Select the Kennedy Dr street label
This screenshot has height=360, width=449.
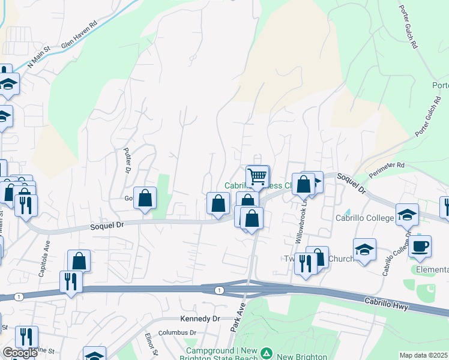pyautogui.click(x=200, y=319)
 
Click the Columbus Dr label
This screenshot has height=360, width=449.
pyautogui.click(x=177, y=332)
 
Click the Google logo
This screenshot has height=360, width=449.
pyautogui.click(x=20, y=353)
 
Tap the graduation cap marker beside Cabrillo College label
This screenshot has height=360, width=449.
pyautogui.click(x=406, y=214)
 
